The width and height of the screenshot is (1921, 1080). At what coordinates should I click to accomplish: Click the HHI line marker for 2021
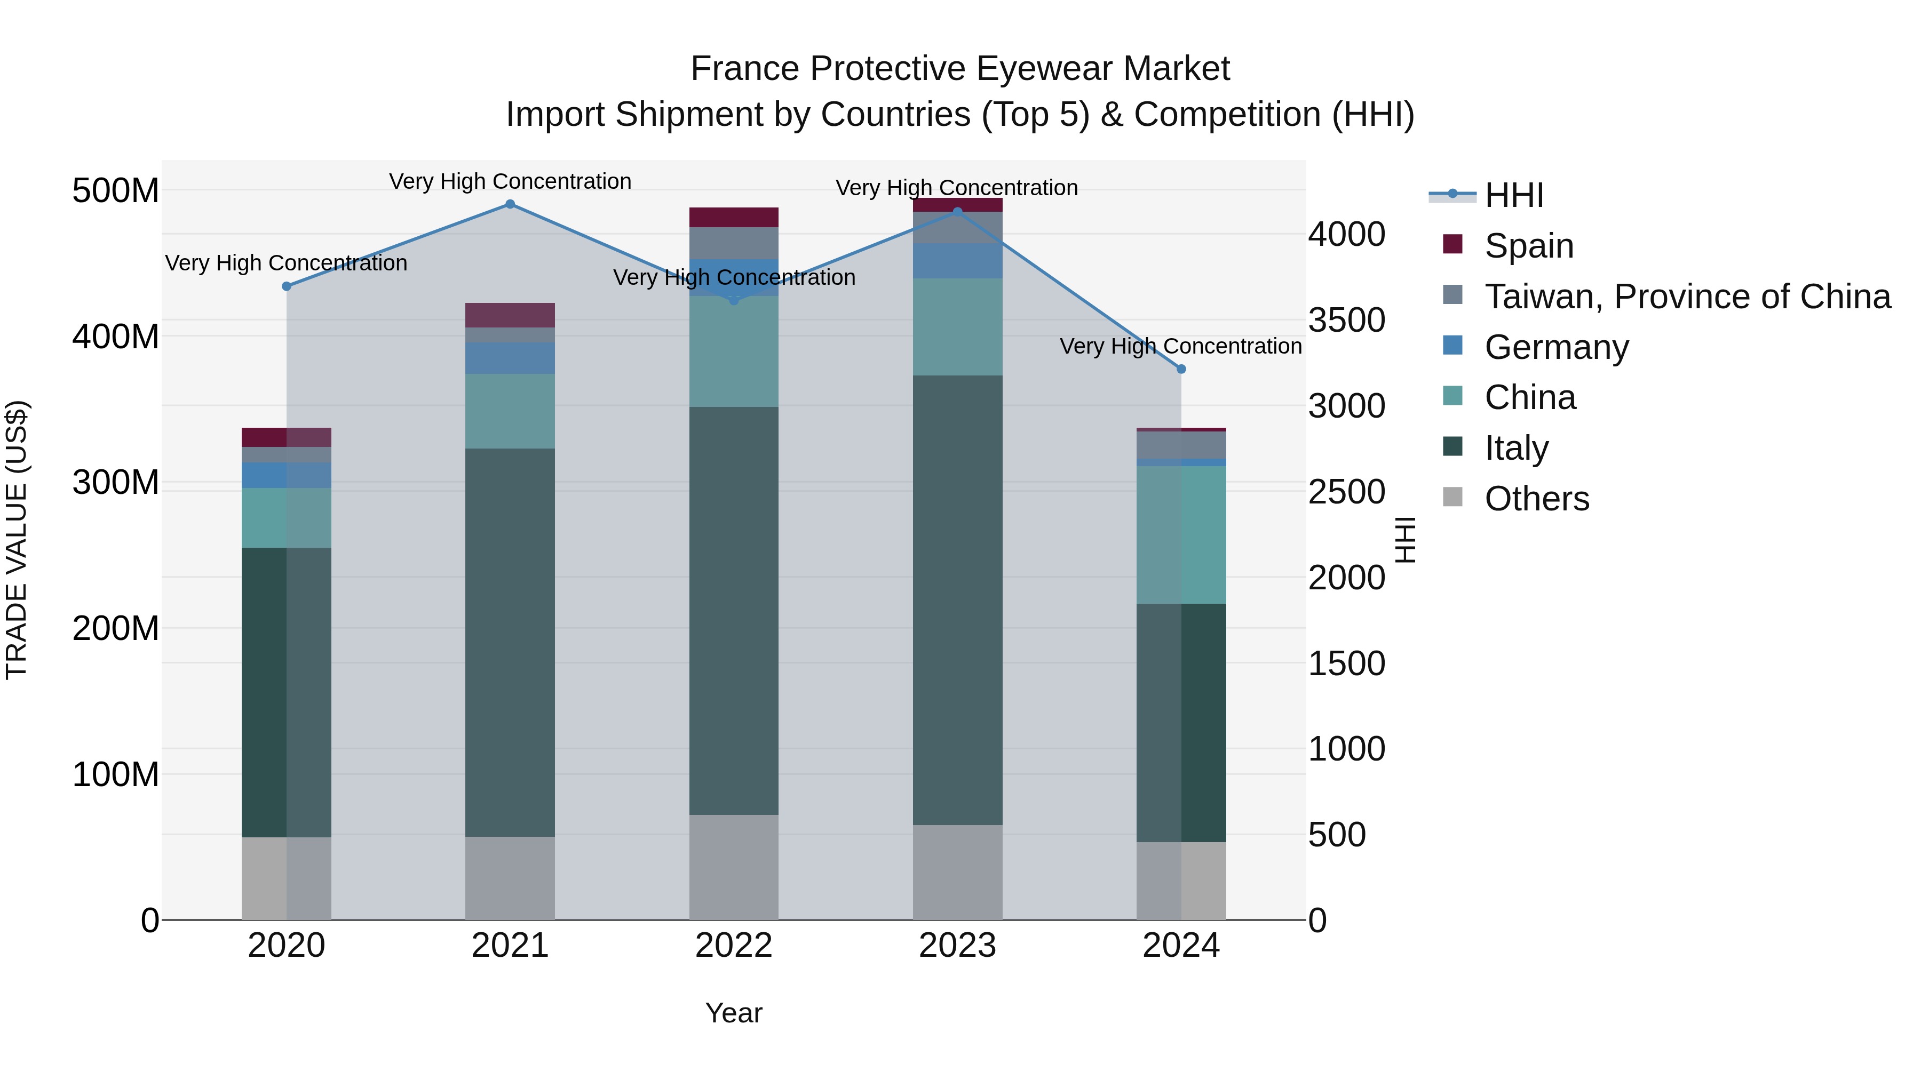click(x=510, y=204)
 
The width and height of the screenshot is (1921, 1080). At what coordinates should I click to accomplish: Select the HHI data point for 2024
click(x=1180, y=369)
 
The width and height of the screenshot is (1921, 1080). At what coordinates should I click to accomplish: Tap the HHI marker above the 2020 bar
click(x=287, y=286)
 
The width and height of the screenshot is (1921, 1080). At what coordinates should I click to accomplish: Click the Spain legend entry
click(x=1528, y=246)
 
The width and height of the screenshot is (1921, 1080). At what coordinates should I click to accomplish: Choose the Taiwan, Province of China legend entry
click(x=1687, y=297)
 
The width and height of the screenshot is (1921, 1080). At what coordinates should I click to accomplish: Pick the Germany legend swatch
click(x=1452, y=346)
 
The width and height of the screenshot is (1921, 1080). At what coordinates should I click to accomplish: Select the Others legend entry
click(x=1536, y=499)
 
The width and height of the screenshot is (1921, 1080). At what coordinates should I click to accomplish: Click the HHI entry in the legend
click(x=1513, y=195)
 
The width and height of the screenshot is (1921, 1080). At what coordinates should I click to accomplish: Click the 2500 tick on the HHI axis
click(x=1346, y=492)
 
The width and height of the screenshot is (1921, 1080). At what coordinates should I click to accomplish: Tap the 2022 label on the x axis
click(x=734, y=946)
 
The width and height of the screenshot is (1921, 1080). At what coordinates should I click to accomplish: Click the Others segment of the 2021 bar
click(x=510, y=877)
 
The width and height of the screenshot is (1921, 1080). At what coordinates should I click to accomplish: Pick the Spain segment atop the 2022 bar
click(x=734, y=217)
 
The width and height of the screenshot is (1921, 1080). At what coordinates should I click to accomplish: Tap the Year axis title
click(x=734, y=1013)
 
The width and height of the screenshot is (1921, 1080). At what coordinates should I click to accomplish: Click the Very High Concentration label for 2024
click(x=1180, y=347)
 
